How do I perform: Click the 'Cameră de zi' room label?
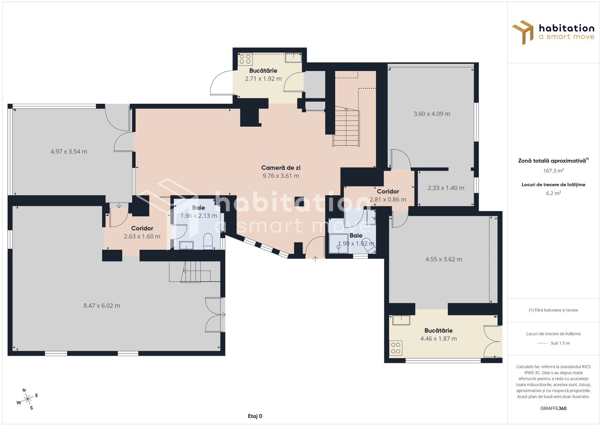tap(281, 168)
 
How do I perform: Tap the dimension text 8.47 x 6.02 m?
tap(102, 306)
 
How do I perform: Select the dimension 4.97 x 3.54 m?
tap(69, 151)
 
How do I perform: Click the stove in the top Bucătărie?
tap(245, 59)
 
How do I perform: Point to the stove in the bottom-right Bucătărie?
tap(396, 348)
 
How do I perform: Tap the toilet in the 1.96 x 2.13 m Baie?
tap(208, 241)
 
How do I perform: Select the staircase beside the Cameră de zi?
tap(346, 127)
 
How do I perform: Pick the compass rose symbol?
tap(27, 399)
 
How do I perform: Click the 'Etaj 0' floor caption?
tap(255, 416)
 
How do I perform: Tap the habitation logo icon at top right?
tap(523, 32)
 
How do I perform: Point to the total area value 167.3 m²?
tap(553, 171)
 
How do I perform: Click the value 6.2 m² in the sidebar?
tap(553, 193)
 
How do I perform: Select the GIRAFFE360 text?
tap(553, 408)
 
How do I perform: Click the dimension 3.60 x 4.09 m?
tap(432, 114)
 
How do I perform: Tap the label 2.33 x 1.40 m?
tap(446, 188)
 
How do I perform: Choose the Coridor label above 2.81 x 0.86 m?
tap(388, 191)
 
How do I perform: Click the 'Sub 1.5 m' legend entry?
tap(560, 343)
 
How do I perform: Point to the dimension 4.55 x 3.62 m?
tap(444, 260)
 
